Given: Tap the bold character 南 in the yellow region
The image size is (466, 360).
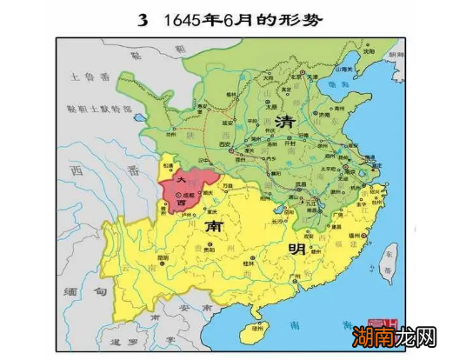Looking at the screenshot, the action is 214,226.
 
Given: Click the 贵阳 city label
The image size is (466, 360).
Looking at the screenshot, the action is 206,248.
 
